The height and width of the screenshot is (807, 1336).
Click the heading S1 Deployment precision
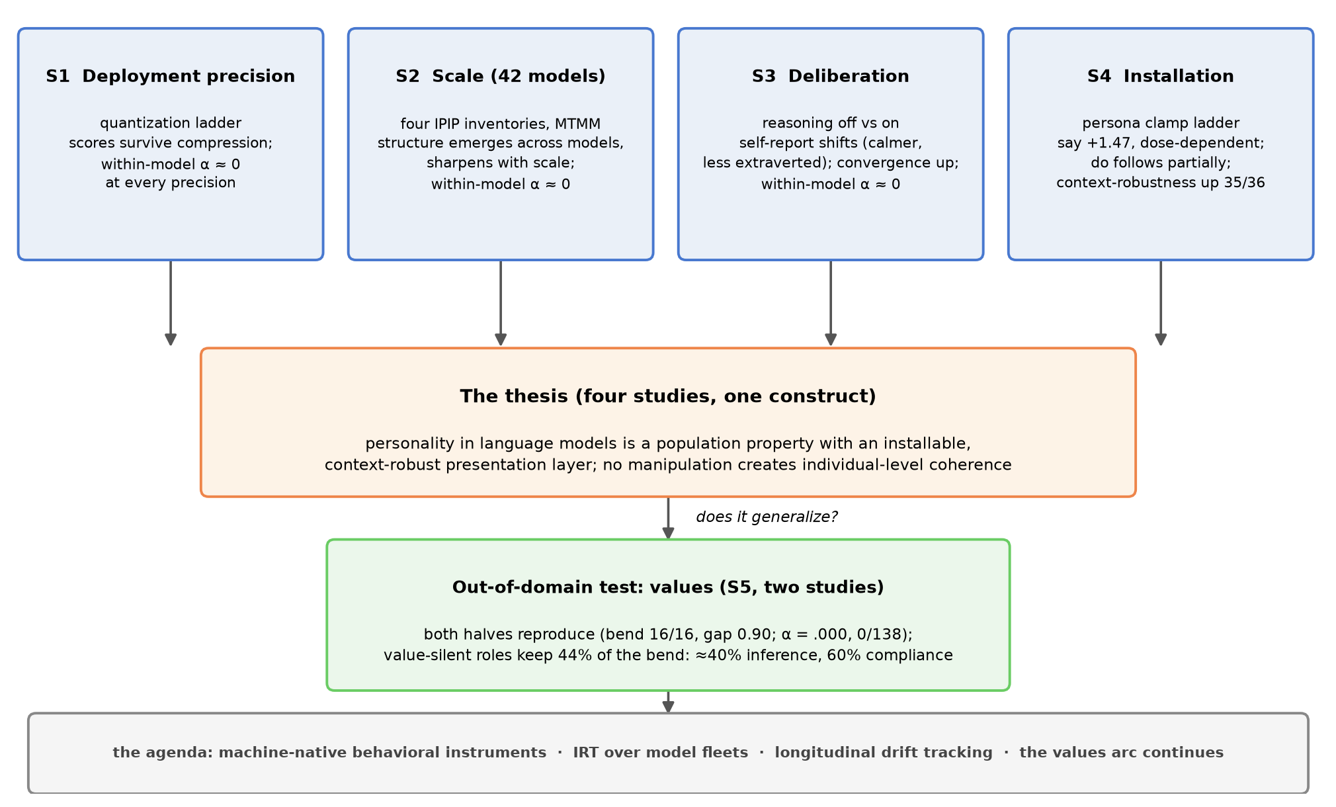click(x=171, y=76)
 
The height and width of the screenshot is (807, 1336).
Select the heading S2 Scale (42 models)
click(x=501, y=76)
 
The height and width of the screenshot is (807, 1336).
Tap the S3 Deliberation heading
click(x=831, y=76)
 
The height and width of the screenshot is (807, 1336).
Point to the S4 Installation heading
click(x=1161, y=76)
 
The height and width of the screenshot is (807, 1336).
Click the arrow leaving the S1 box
click(x=171, y=303)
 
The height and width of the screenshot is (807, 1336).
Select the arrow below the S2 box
click(x=501, y=303)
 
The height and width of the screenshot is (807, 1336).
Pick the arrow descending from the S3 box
click(x=831, y=303)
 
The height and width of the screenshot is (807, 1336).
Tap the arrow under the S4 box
click(x=1161, y=303)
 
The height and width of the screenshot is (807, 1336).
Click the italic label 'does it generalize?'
click(x=767, y=517)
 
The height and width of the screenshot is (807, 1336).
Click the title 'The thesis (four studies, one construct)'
click(x=668, y=396)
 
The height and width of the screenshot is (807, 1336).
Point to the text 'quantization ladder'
click(x=171, y=123)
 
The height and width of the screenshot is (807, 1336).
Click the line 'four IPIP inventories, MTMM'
click(x=501, y=124)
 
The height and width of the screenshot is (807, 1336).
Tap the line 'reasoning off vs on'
click(x=831, y=123)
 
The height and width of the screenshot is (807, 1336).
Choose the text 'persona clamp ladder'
click(x=1161, y=123)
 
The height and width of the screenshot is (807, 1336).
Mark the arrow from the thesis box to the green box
click(x=668, y=519)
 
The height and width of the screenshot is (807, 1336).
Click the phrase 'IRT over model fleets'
click(x=661, y=753)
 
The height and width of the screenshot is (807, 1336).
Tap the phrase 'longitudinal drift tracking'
click(x=884, y=753)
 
